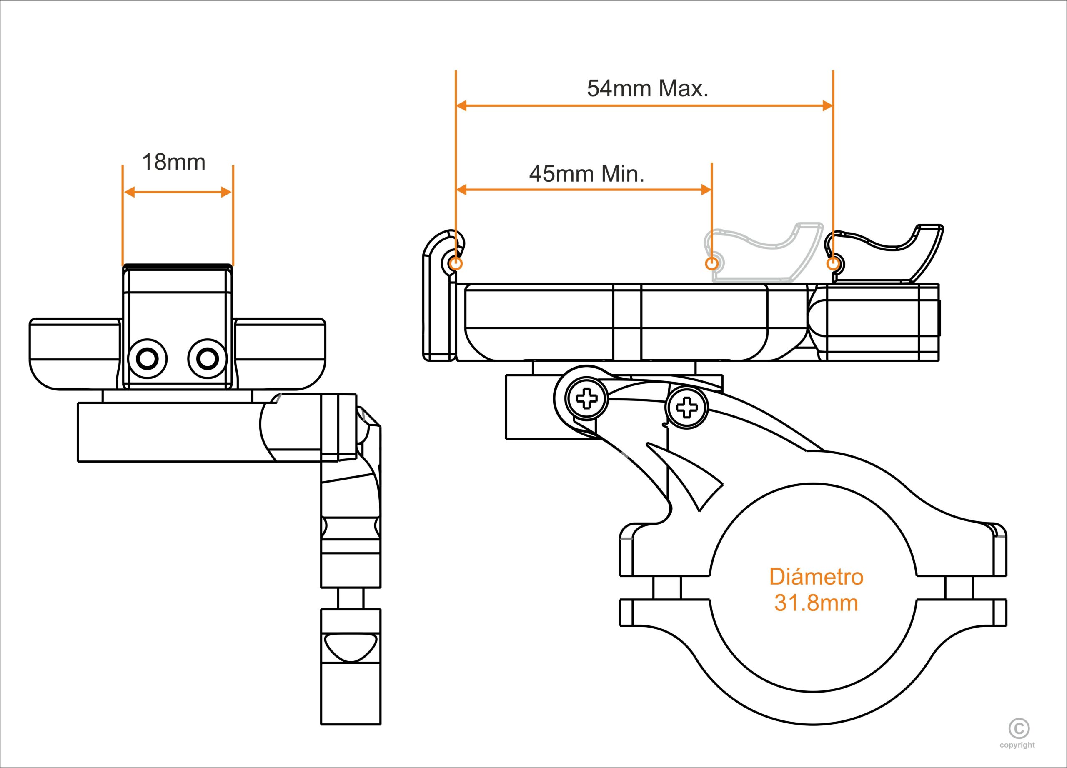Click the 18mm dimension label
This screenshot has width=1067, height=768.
[174, 162]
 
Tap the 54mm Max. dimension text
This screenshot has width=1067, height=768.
[647, 88]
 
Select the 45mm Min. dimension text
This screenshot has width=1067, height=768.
[587, 174]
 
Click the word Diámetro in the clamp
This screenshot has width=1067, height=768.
[816, 577]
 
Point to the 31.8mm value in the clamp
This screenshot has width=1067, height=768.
[816, 603]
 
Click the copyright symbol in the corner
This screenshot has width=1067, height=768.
[1019, 729]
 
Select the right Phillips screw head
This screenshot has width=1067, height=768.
[687, 407]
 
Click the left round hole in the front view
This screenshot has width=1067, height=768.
[148, 359]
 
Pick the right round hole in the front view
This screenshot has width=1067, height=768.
[207, 359]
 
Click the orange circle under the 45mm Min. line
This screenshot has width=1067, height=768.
[711, 263]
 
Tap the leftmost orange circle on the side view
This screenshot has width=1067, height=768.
[456, 263]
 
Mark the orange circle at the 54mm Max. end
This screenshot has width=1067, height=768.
[833, 263]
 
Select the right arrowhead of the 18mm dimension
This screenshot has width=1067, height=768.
[226, 192]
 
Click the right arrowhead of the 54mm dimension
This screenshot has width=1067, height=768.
[827, 106]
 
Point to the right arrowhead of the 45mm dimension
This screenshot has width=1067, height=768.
[706, 190]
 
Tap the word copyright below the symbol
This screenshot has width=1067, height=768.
[1017, 745]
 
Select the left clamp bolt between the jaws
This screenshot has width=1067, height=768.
[666, 588]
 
